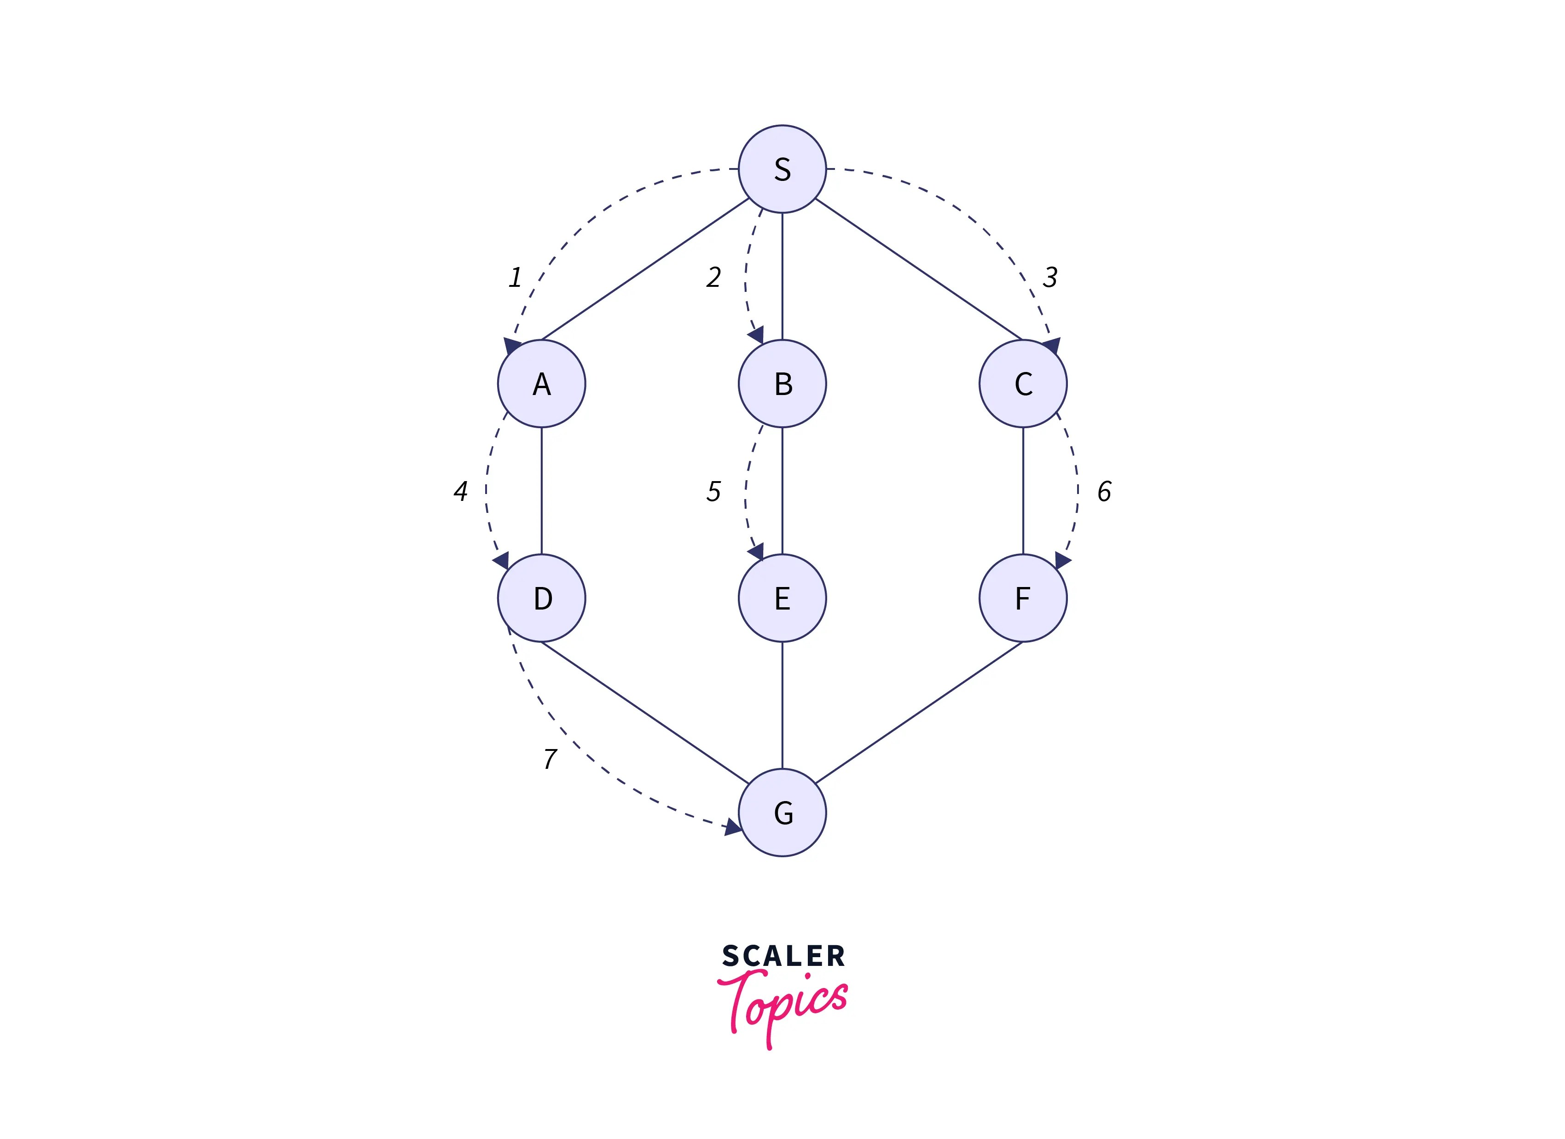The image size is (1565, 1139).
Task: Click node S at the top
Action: (x=782, y=169)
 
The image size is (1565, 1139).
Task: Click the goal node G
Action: (x=782, y=813)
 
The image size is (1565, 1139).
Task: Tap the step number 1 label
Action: (x=515, y=278)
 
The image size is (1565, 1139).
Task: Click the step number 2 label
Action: (x=713, y=278)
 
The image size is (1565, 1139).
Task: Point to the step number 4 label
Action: (x=461, y=492)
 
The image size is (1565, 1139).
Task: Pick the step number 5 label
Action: (x=713, y=492)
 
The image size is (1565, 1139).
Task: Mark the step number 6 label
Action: (x=1104, y=492)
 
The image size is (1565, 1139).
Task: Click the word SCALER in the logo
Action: (x=783, y=957)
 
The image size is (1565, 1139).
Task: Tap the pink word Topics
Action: (x=783, y=1005)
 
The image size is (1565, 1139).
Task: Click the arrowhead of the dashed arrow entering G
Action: (x=733, y=826)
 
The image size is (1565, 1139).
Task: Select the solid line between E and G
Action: (x=782, y=705)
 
